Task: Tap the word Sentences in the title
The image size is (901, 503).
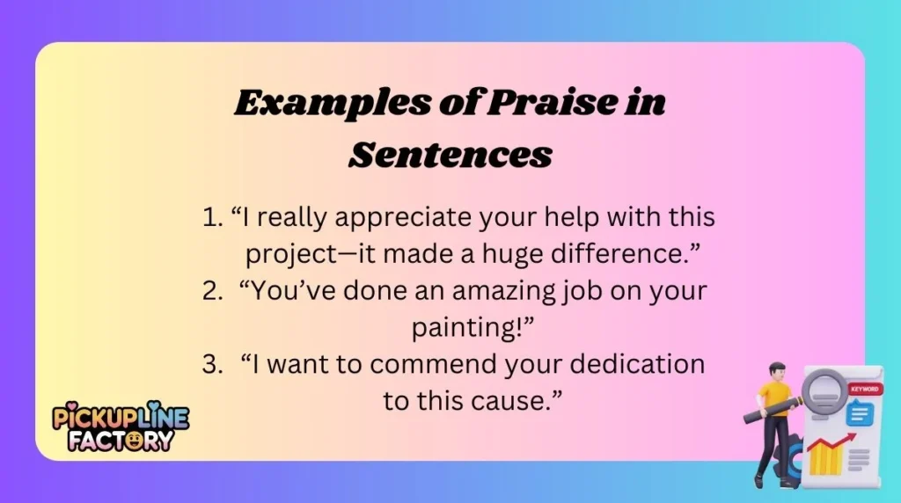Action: click(450, 155)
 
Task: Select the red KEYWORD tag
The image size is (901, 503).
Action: click(863, 388)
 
